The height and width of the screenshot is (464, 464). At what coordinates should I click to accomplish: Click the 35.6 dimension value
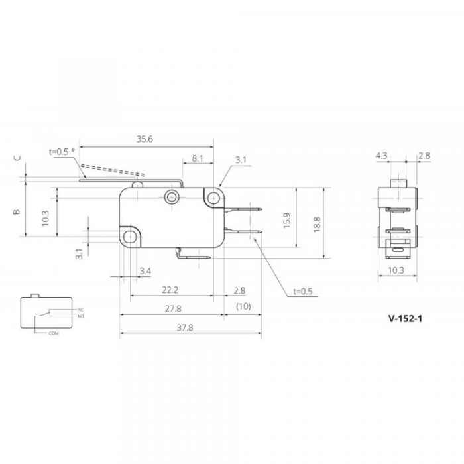click(145, 139)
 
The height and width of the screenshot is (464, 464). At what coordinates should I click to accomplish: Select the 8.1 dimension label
click(198, 158)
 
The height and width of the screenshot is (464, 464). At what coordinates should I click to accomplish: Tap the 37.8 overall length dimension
click(185, 328)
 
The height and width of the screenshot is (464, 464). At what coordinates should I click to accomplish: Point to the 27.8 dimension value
click(173, 309)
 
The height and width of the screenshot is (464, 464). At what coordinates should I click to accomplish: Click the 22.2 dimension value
click(170, 290)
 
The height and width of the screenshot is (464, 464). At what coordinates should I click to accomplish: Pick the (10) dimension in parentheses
click(243, 306)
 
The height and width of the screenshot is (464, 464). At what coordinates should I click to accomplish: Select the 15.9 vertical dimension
click(287, 221)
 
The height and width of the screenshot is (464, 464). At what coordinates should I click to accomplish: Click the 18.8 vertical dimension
click(317, 224)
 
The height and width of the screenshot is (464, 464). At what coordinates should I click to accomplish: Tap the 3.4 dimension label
click(145, 271)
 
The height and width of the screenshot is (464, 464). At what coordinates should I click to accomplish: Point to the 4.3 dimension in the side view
click(381, 156)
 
